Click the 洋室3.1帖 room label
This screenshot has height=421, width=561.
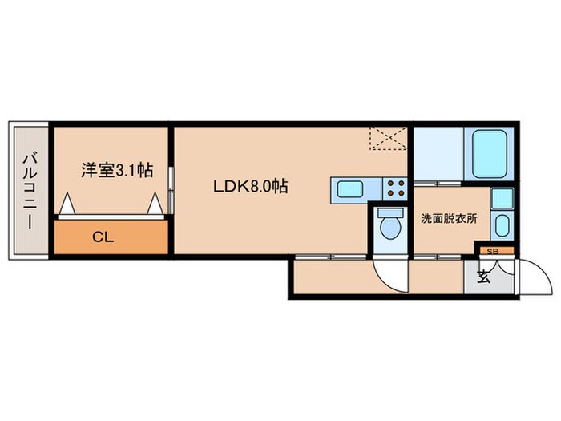point(117,170)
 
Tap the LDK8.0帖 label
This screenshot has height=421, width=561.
point(251,187)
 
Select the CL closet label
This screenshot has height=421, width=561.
point(101,237)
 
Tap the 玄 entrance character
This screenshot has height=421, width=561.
point(483,278)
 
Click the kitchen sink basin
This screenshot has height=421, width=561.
point(349,189)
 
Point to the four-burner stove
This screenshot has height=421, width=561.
point(395,188)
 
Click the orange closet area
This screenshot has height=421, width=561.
point(111,237)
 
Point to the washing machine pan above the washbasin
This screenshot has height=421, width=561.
point(501,198)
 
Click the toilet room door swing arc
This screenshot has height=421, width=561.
point(394,275)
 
